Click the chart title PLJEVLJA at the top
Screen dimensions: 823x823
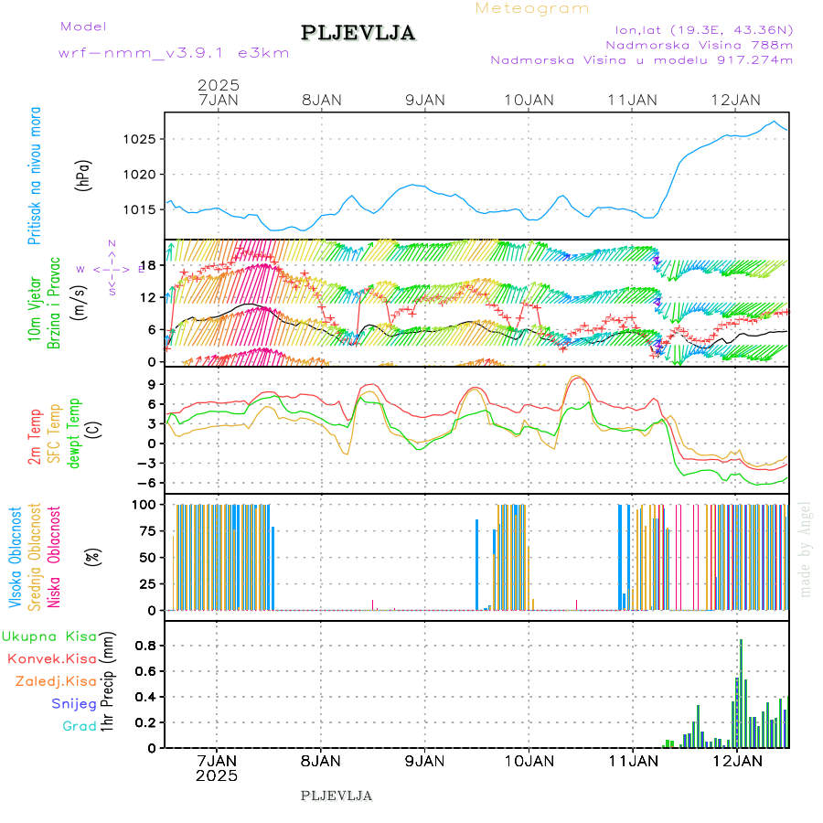tap(358, 33)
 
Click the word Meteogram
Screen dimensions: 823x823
tap(532, 8)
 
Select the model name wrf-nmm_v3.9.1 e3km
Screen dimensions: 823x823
tap(174, 53)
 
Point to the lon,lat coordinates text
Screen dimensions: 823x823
tap(704, 27)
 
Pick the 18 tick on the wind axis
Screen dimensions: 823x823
tap(152, 266)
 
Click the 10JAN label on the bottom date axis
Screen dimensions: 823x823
tap(528, 761)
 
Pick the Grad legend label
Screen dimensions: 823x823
tap(80, 727)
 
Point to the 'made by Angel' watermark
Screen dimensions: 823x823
tap(806, 549)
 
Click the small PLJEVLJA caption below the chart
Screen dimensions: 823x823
tap(337, 796)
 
